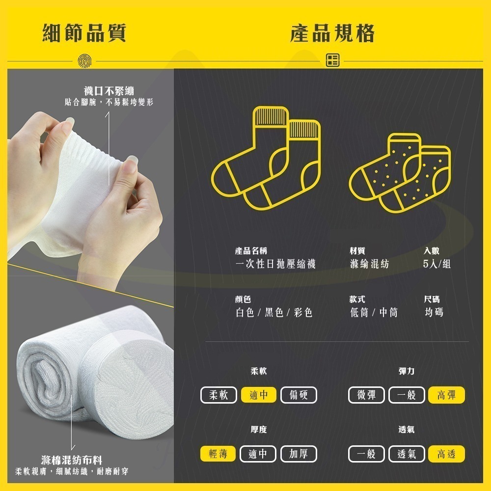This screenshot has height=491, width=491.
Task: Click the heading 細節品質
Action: tap(84, 33)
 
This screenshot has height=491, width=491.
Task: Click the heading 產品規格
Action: tap(332, 33)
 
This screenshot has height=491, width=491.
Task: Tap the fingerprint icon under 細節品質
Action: tap(83, 60)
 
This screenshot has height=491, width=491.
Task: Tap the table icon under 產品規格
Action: tap(332, 60)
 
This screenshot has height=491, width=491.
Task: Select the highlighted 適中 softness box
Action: tap(259, 395)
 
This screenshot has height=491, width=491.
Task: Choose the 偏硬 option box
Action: tap(299, 395)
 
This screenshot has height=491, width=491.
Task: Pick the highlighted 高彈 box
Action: tap(446, 395)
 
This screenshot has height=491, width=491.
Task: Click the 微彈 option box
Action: tap(367, 395)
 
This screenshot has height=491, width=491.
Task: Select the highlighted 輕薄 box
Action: tap(218, 454)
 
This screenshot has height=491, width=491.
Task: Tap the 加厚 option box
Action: tap(299, 454)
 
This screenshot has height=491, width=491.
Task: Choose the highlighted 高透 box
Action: tap(446, 454)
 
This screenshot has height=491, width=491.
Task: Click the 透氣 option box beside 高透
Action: tap(407, 454)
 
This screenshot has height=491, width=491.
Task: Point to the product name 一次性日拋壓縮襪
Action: tap(275, 264)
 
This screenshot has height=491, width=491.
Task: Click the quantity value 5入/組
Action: tap(436, 264)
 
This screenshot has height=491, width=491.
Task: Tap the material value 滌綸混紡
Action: tap(369, 264)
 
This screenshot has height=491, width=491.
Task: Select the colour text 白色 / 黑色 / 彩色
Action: tap(274, 312)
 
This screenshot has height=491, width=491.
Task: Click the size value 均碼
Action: tap(434, 312)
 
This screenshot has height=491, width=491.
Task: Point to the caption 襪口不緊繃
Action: tap(109, 91)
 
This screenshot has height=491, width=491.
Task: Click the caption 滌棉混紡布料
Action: tap(72, 460)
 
